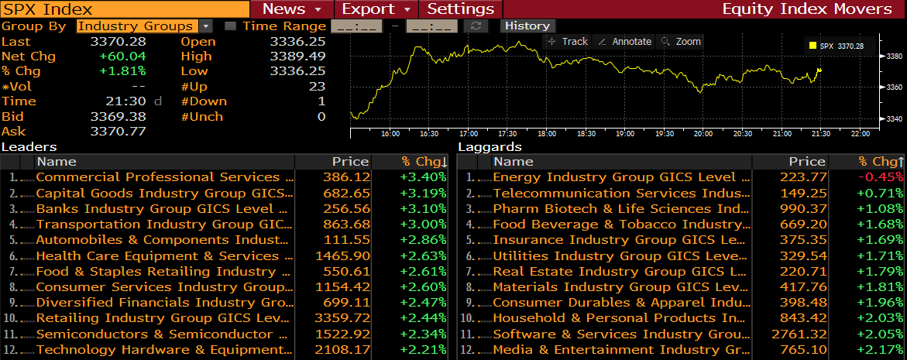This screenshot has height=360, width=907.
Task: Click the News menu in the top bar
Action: pos(291,9)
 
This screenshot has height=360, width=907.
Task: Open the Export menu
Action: pos(376,9)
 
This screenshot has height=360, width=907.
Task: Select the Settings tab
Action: pos(461,9)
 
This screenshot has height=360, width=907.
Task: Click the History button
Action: pos(527,26)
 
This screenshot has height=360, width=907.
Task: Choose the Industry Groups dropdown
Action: pos(145,26)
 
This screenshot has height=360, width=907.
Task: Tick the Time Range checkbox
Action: pos(230,26)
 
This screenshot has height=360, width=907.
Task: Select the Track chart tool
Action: pos(568,42)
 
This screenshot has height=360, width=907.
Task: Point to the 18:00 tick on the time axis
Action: pos(547,133)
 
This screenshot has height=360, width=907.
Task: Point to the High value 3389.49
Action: pos(297,57)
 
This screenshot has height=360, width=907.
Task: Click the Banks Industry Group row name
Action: pos(162,208)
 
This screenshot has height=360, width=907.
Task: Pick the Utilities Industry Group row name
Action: pos(620,255)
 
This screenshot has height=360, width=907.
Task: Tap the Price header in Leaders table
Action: pos(350,162)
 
